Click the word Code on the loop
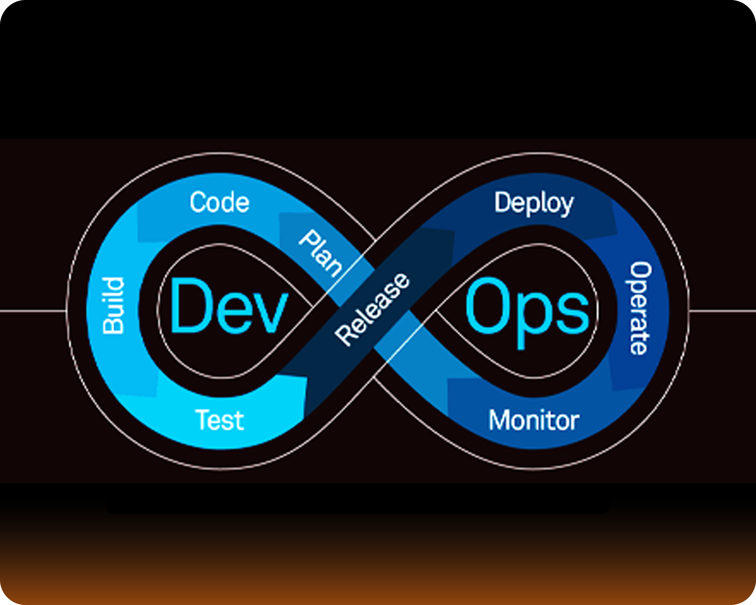click(219, 202)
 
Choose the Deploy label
click(534, 203)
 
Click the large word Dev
click(229, 306)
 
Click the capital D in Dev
click(188, 306)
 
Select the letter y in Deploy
click(567, 205)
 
